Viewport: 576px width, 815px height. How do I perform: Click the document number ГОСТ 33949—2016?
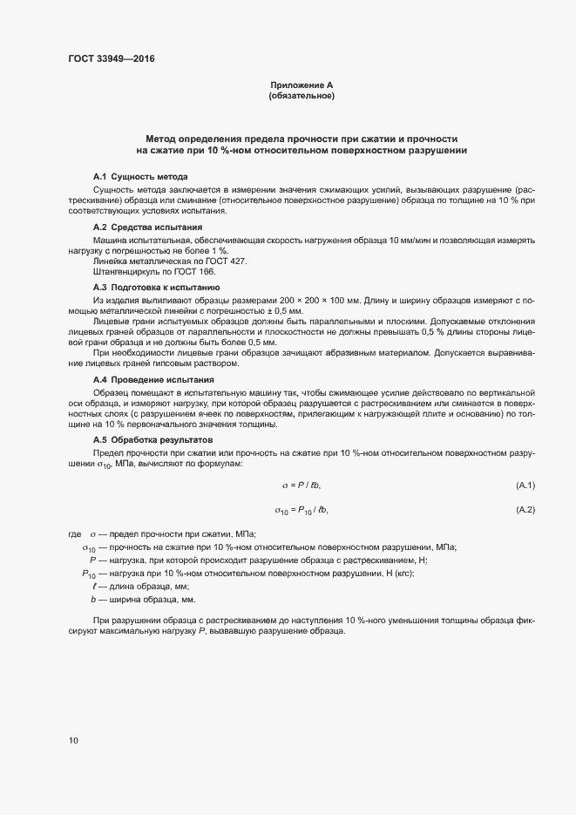[x=112, y=59]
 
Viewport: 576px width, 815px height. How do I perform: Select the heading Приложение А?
[x=302, y=85]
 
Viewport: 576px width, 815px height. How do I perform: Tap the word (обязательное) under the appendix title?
[x=302, y=96]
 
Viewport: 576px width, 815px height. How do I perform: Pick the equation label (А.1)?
[x=525, y=485]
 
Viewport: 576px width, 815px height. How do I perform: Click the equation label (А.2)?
[x=525, y=509]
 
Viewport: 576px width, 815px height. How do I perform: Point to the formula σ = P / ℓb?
[x=302, y=485]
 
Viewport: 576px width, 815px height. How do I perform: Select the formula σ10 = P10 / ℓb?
[x=302, y=510]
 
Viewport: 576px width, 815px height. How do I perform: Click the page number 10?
[x=72, y=741]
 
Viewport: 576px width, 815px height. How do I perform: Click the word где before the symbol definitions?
[x=74, y=533]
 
